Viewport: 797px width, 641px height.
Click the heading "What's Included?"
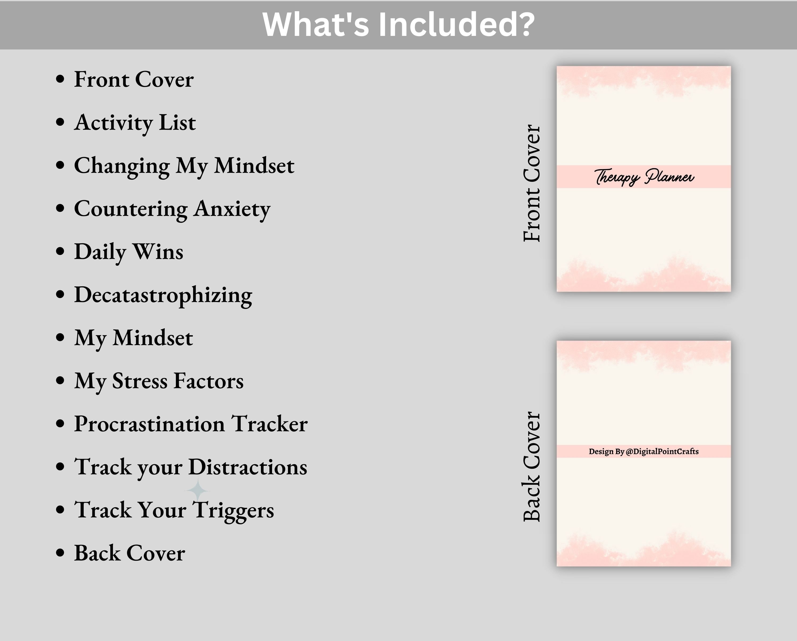(398, 24)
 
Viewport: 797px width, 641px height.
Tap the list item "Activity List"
(135, 123)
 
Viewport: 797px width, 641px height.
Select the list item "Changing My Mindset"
(184, 166)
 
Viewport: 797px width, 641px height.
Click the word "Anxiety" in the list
(232, 209)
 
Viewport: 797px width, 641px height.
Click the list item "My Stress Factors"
(159, 381)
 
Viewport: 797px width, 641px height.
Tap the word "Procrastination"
(149, 424)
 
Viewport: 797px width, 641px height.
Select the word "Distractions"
(248, 467)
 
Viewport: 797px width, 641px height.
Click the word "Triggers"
(233, 510)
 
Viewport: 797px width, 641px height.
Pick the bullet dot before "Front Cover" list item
(60, 79)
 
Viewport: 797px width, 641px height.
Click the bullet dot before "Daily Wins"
(60, 252)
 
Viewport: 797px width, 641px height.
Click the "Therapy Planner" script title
(644, 177)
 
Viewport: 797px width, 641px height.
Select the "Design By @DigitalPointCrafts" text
(644, 451)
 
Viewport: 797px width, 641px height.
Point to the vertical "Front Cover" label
(532, 183)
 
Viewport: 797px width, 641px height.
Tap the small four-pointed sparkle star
(197, 490)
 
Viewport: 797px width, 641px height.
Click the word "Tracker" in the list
(269, 424)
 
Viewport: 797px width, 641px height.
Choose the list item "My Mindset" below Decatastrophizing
(133, 338)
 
